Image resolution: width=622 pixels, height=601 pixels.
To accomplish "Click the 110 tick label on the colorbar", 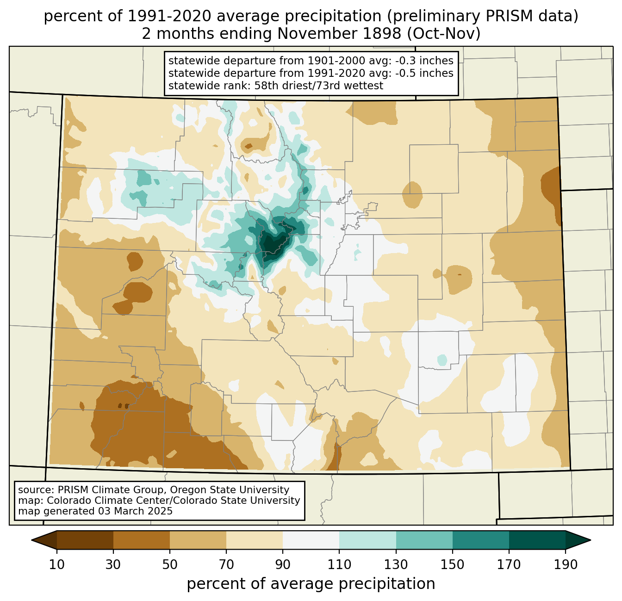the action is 339,564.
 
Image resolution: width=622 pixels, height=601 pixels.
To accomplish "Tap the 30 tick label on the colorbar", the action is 113,564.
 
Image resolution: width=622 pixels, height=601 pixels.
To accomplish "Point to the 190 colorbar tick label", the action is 566,564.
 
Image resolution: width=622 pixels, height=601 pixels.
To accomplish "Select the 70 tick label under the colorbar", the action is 226,564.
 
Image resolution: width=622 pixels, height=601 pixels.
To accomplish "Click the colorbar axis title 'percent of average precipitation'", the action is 311,583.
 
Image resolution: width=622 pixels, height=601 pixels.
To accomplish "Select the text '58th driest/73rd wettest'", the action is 319,86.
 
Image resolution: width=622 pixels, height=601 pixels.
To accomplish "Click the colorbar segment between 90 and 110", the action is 311,540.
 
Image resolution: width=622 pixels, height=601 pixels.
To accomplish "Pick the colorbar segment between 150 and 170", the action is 481,540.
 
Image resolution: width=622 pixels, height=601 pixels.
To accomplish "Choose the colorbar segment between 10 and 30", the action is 85,540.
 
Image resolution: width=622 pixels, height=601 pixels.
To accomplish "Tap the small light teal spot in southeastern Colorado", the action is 442,360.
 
